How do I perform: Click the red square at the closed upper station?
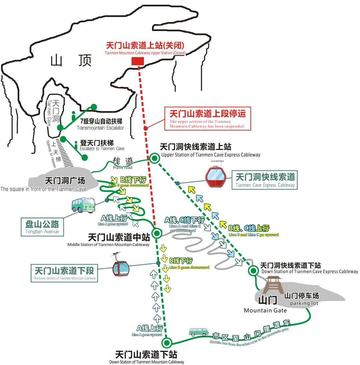[x=138, y=61]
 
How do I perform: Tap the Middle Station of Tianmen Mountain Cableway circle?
[x=157, y=233]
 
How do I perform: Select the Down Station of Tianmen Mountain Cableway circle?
[x=167, y=343]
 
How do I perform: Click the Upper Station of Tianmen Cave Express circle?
[x=154, y=158]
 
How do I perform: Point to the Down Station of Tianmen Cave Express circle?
[x=253, y=271]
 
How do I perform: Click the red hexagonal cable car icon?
[x=216, y=176]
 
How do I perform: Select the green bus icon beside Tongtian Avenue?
[x=83, y=205]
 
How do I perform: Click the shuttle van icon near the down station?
[x=199, y=332]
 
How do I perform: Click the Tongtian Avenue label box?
[x=42, y=227]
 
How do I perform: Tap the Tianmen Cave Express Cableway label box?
[x=265, y=180]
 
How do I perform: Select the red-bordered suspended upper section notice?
[x=208, y=118]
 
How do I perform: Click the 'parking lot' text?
[x=304, y=303]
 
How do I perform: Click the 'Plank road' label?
[x=123, y=167]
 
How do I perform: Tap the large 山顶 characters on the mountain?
[x=71, y=60]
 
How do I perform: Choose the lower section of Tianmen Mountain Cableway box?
[x=64, y=273]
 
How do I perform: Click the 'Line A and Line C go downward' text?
[x=185, y=228]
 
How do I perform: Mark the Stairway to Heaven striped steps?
[x=64, y=153]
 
